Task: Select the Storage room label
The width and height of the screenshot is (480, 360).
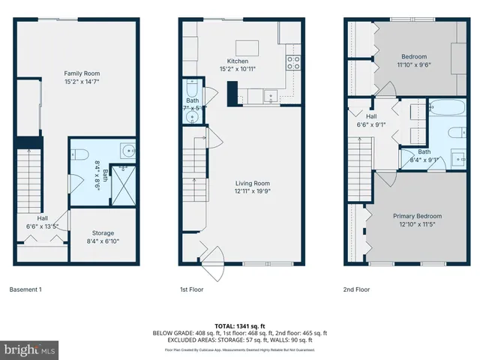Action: pos(103,233)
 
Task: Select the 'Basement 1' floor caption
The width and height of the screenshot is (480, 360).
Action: pos(25,289)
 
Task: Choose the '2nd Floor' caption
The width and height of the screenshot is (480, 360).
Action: pos(356,289)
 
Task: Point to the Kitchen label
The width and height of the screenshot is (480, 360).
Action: pos(237,61)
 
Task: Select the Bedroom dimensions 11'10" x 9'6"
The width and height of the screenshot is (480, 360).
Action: pos(413,64)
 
